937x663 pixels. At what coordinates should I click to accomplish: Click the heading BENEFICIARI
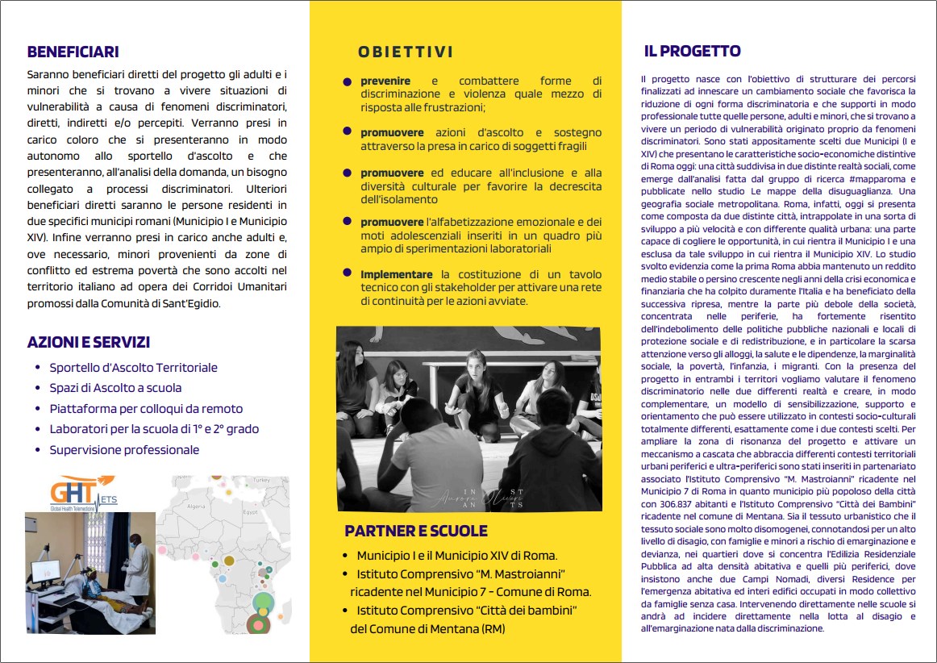click(73, 52)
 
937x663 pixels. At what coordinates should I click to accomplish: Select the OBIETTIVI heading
click(406, 52)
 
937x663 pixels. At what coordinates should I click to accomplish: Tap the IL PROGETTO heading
click(692, 52)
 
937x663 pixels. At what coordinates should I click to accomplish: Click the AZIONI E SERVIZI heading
click(89, 343)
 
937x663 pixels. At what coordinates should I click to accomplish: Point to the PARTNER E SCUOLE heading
click(416, 531)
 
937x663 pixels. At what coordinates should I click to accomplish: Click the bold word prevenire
click(385, 81)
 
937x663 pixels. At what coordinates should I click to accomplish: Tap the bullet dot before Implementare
click(348, 273)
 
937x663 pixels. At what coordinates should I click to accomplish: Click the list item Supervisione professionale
click(124, 450)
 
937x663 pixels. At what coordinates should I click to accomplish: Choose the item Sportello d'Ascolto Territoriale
click(133, 368)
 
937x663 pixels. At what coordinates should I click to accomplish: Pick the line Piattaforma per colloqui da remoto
click(146, 409)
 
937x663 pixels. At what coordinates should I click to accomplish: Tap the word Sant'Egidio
click(193, 304)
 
